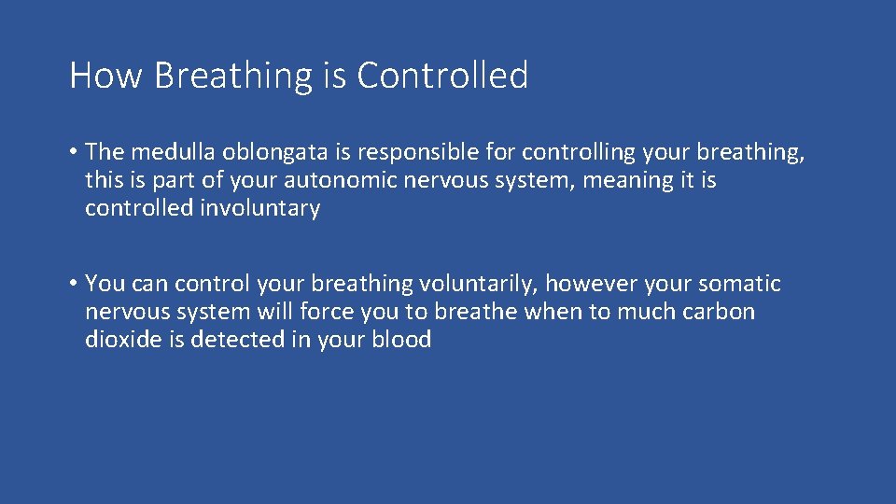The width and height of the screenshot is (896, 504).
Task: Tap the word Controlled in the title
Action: click(442, 76)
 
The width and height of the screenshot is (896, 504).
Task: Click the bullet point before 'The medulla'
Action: click(73, 151)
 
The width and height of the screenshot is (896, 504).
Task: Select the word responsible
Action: click(426, 152)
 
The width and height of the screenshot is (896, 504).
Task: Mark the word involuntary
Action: click(260, 208)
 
